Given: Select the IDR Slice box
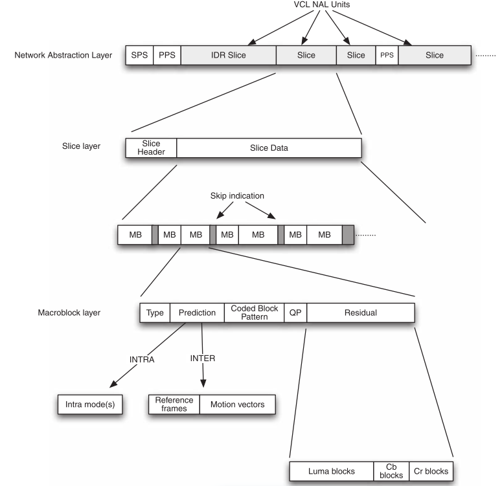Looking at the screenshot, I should pos(228,55).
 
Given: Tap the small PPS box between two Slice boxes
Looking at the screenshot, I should pos(387,55).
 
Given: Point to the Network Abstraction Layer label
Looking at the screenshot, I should pos(63,55).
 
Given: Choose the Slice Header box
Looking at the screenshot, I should pos(150,148).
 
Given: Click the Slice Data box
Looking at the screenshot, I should pos(269,148).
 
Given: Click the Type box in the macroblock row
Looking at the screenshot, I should pos(155,313).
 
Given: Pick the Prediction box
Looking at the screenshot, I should pos(197,313).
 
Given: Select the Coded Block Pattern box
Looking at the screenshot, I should pos(255,313).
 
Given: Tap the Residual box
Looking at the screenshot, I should pos(361,313).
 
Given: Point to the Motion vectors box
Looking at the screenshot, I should pos(237,405).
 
